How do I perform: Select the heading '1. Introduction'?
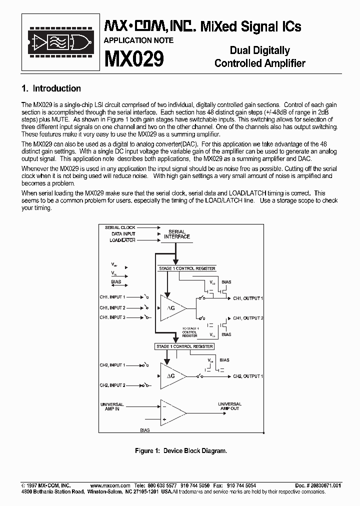pos(51,88)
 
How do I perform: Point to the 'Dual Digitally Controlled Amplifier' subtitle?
pos(259,57)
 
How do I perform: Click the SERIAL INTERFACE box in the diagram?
pos(177,234)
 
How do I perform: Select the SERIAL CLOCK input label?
pos(120,227)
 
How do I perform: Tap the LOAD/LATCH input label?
pos(122,240)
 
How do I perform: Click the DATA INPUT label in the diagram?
pos(123,234)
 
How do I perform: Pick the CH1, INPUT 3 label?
pos(112,317)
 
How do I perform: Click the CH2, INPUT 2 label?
pos(112,385)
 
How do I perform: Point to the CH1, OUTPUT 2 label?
pos(248,318)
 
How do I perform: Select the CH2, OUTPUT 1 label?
pos(248,376)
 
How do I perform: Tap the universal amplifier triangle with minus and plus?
pos(171,413)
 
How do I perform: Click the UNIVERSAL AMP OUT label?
pos(229,406)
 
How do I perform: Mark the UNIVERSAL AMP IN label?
pos(112,407)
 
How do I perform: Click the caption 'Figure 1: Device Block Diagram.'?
pos(181,451)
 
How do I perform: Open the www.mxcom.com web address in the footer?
pos(110,485)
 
